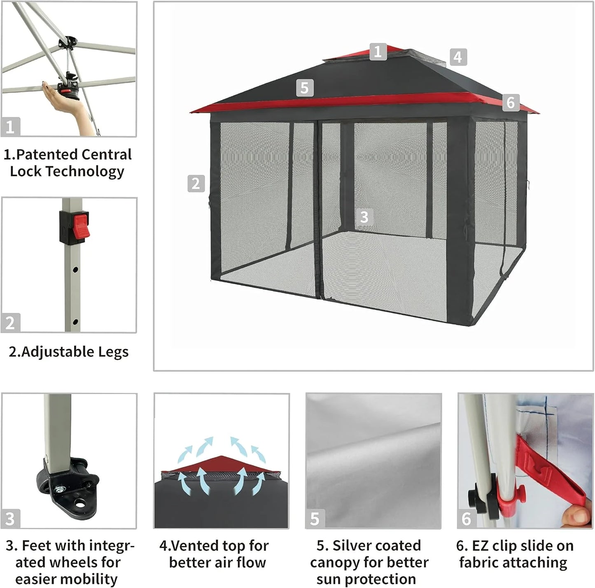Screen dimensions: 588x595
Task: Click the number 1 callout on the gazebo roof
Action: click(x=378, y=52)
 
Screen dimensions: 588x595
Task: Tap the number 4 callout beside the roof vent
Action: click(x=458, y=57)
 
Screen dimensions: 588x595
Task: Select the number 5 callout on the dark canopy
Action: click(x=304, y=88)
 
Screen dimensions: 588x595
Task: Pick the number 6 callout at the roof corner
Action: click(x=511, y=102)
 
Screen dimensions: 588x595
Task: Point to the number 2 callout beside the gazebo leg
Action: click(x=196, y=184)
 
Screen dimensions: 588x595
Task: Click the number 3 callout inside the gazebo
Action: click(x=364, y=217)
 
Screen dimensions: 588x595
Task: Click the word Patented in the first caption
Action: click(x=47, y=155)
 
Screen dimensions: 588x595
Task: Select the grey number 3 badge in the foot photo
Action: click(x=10, y=519)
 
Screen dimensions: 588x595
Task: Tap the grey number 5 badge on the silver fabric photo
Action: click(x=315, y=519)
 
